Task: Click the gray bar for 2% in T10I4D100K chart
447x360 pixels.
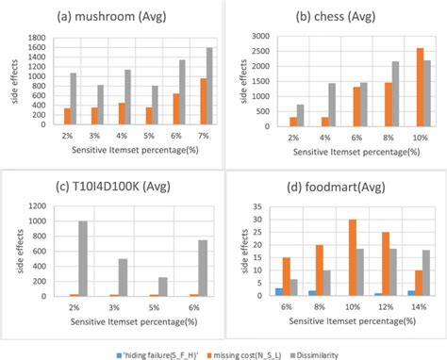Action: pyautogui.click(x=83, y=261)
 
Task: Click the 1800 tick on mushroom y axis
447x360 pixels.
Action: pyautogui.click(x=37, y=38)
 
